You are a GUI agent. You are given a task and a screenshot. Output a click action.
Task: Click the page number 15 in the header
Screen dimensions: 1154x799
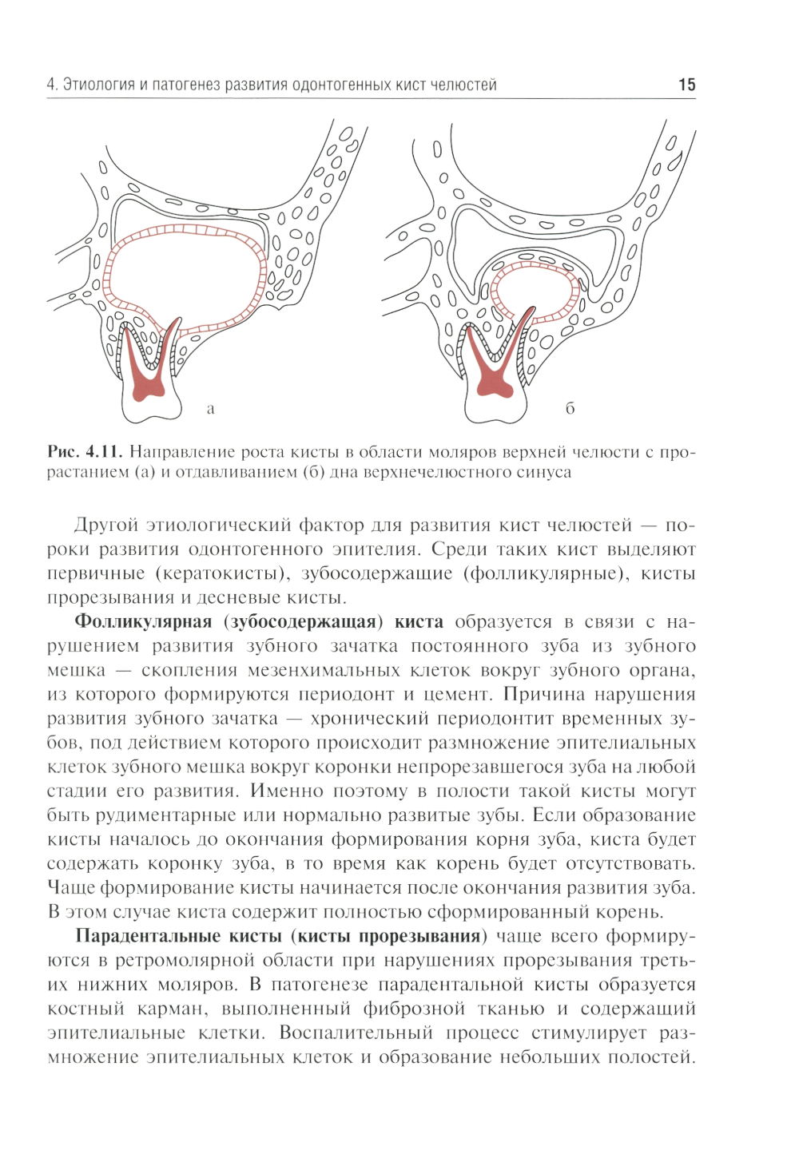[686, 85]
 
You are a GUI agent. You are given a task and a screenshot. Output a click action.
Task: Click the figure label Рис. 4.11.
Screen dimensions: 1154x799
[84, 452]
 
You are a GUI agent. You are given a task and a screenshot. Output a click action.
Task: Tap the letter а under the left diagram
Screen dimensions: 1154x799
[211, 410]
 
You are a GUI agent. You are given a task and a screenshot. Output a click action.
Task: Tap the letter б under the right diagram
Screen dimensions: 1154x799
[570, 409]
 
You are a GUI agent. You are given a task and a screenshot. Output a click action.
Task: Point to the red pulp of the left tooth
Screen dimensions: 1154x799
[148, 383]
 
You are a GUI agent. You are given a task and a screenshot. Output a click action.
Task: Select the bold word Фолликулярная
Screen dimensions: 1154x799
[142, 622]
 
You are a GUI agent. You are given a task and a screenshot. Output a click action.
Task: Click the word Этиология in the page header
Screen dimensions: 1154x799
[98, 85]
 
